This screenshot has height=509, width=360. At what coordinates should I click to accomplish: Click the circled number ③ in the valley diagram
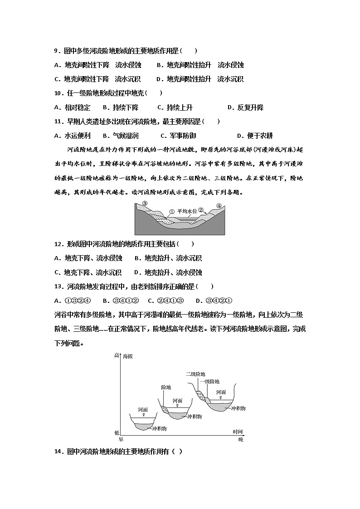tap(145, 204)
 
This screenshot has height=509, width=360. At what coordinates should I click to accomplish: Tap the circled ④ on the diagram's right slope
tap(219, 206)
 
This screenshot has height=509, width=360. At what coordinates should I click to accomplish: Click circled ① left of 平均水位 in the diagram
tap(172, 211)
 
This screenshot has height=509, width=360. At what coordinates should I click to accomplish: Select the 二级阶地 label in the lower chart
tap(196, 374)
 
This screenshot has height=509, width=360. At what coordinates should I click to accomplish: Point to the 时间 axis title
tap(238, 431)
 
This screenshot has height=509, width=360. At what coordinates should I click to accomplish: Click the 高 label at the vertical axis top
tap(117, 356)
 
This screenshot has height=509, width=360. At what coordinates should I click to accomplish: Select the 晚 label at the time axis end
tap(240, 439)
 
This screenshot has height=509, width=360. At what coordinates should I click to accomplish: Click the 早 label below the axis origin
tap(121, 439)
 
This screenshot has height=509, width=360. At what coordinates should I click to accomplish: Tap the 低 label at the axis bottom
tap(117, 433)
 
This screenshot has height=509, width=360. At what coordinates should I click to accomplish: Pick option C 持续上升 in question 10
tap(175, 108)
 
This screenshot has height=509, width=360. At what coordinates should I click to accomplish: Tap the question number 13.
tap(59, 286)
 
